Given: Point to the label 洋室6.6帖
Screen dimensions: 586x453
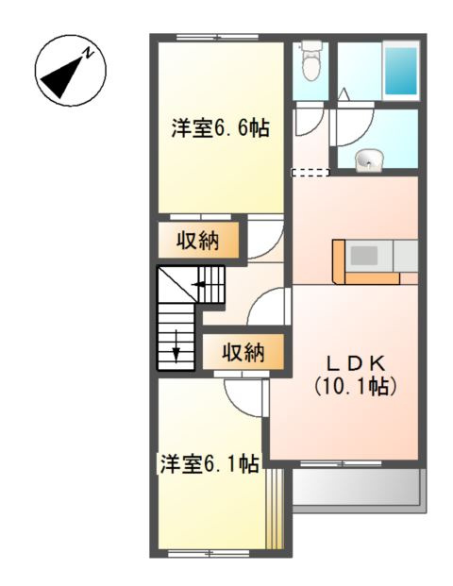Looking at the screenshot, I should coord(221,128).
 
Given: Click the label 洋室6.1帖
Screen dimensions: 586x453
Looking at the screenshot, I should coord(210,464).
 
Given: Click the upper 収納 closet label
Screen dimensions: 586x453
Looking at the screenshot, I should coord(198,241).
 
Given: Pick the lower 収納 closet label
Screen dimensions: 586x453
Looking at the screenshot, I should coord(243,354).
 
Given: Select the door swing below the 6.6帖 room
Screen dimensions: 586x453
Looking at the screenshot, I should coord(263,236).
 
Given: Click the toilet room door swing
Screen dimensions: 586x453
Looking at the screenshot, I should coord(308,123).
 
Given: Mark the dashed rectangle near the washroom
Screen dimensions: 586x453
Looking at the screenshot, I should coord(310,173).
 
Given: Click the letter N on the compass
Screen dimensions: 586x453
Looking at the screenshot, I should coord(86,55).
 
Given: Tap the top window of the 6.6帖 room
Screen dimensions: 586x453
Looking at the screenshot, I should coord(218,38).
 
